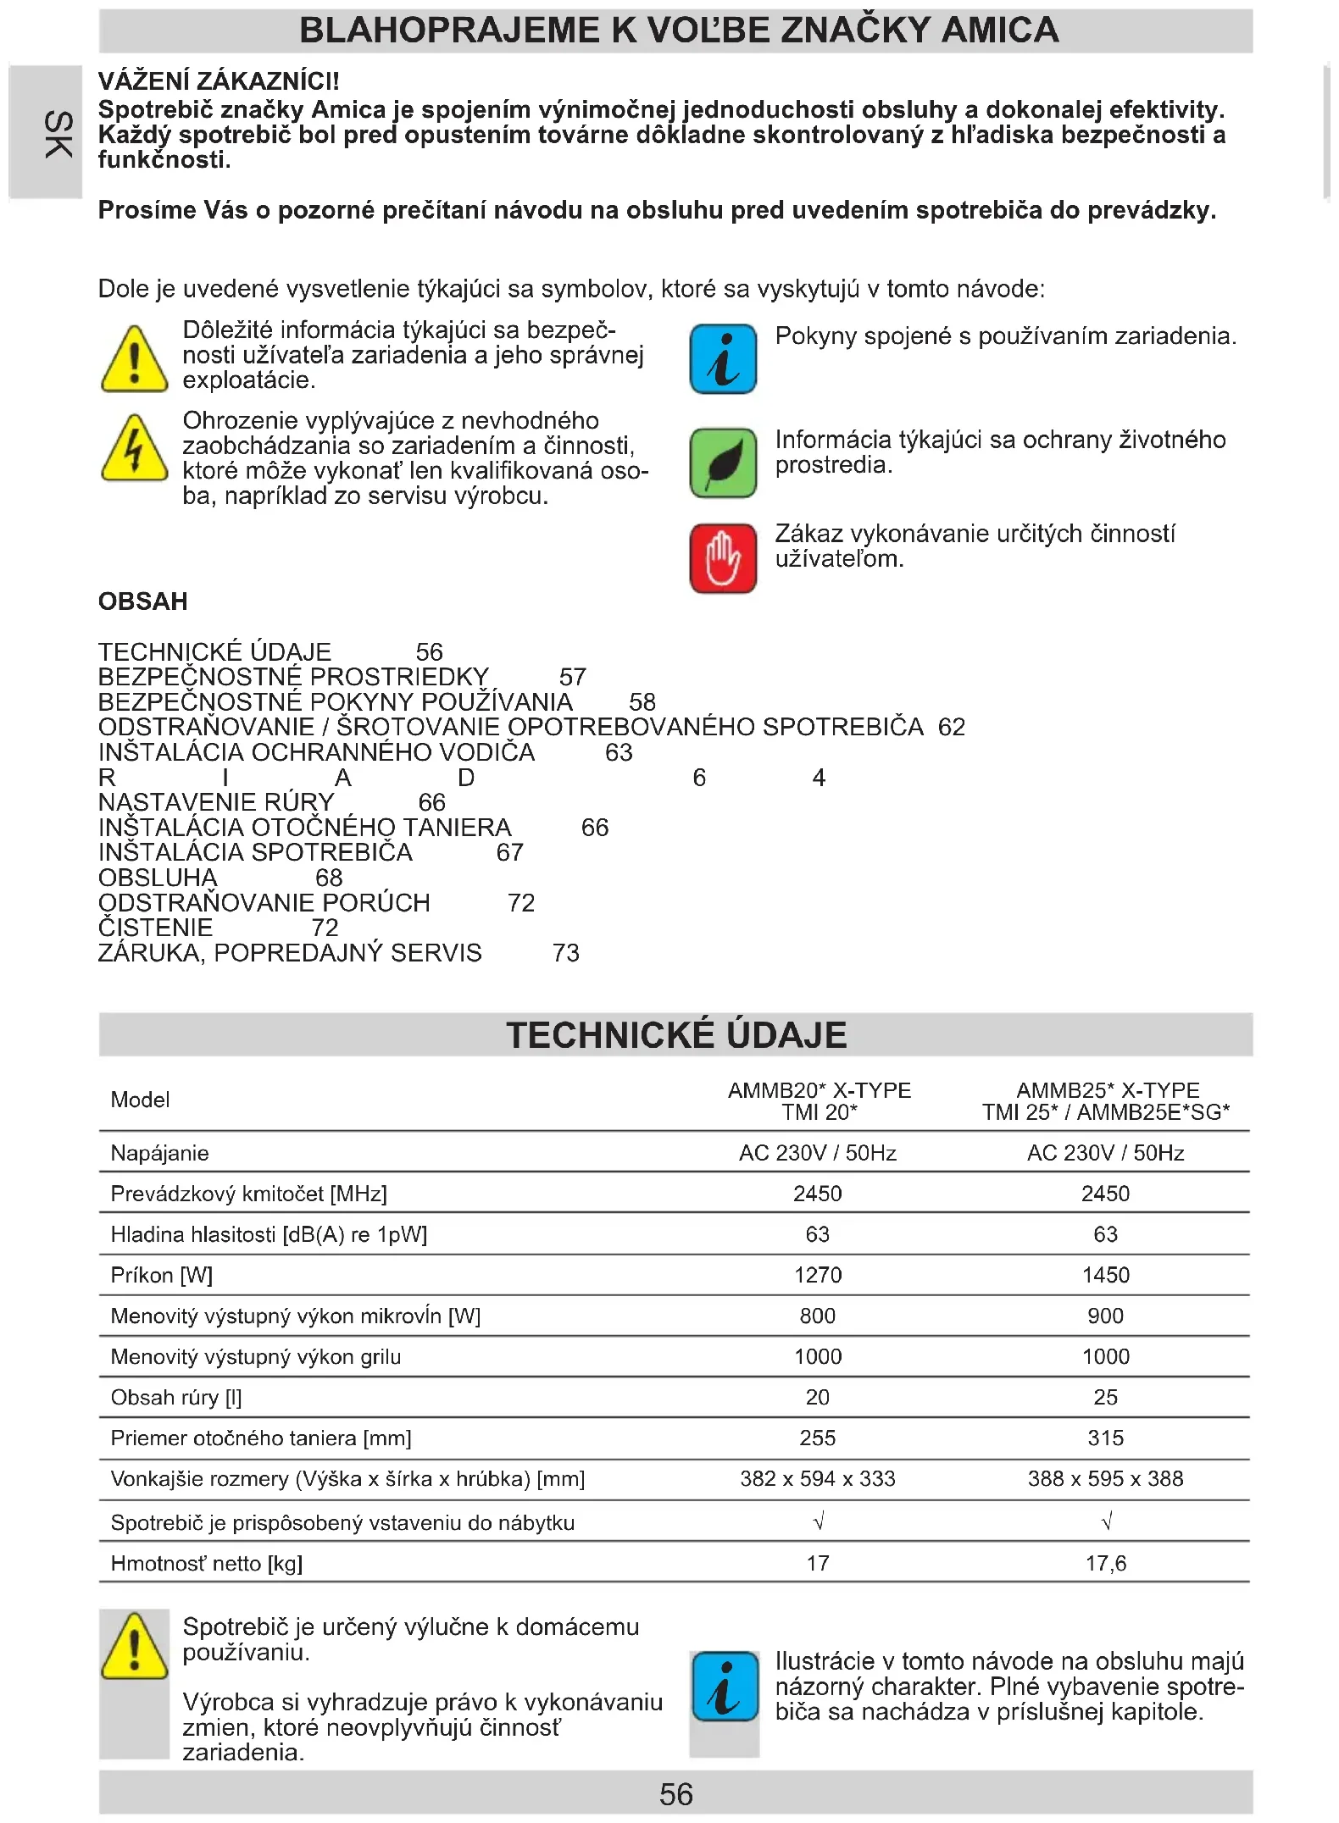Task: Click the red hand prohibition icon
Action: [723, 558]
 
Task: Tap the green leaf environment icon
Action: [723, 463]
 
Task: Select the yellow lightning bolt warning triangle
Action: [134, 448]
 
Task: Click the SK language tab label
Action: [57, 134]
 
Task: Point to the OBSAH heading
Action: [143, 601]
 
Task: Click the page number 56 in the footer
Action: [675, 1794]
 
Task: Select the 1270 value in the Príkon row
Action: [818, 1275]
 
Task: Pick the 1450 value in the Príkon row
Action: [1105, 1275]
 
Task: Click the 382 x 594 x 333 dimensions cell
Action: [818, 1478]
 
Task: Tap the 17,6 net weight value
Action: [1105, 1563]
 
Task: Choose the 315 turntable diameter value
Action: [1105, 1438]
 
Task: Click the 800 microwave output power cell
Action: [818, 1316]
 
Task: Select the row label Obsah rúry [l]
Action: [176, 1397]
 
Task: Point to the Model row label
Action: [141, 1100]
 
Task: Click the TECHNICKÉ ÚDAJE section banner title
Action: [676, 1035]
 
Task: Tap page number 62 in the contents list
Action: [952, 727]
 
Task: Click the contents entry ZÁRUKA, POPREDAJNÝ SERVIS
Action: [290, 953]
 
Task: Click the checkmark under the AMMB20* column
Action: [818, 1522]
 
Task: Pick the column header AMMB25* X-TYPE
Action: [1108, 1090]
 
